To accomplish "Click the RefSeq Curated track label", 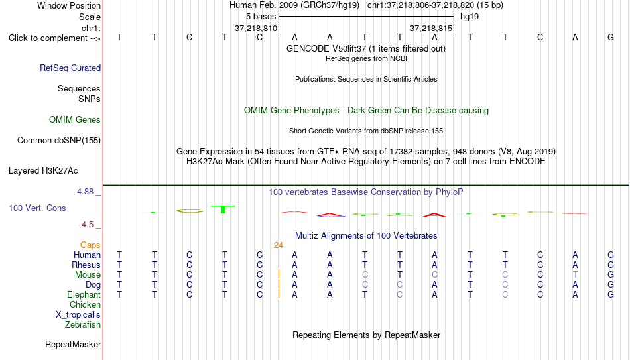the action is (x=70, y=68).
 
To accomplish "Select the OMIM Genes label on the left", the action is (x=75, y=120).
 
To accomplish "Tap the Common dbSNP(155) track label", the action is (x=59, y=141).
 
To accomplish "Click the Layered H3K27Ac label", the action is (x=43, y=171).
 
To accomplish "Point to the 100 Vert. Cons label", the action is (x=37, y=208).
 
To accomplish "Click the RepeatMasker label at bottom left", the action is (x=73, y=344).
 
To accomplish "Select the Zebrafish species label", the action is (x=83, y=325).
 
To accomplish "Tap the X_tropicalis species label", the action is (x=78, y=315).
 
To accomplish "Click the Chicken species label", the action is (x=85, y=304).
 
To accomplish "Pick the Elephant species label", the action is (x=84, y=295).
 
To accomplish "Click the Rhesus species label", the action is (x=86, y=265).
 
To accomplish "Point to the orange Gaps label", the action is (x=90, y=245).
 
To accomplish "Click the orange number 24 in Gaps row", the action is (x=279, y=245).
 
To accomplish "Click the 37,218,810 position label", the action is (x=256, y=29).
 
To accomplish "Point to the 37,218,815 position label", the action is (x=430, y=29).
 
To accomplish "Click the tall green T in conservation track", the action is (x=223, y=209).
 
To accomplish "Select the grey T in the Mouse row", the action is (x=576, y=275).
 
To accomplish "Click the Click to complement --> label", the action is (x=54, y=38).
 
